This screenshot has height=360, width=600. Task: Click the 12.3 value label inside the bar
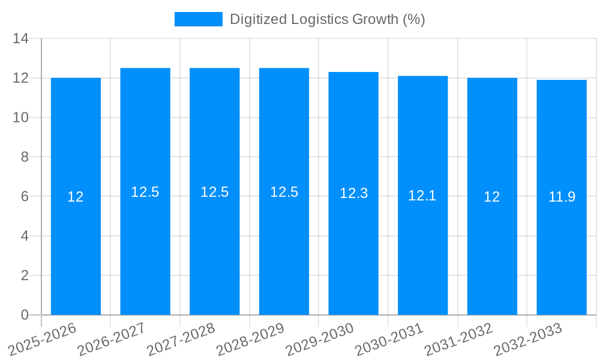click(x=353, y=193)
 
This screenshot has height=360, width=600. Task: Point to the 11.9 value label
click(x=562, y=197)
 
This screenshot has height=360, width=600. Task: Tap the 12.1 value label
click(x=422, y=196)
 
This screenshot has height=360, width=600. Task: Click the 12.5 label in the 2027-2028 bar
click(x=214, y=192)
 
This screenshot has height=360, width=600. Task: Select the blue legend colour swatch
click(x=198, y=19)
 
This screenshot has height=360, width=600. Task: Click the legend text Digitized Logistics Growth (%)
click(x=327, y=19)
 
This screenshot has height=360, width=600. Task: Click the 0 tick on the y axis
click(x=25, y=315)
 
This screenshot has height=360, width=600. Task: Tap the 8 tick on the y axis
click(x=25, y=157)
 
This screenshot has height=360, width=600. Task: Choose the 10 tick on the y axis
click(x=21, y=118)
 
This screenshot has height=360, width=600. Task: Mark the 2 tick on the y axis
click(x=25, y=275)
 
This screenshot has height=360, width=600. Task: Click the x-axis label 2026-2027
click(x=112, y=338)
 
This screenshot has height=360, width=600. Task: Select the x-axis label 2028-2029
click(x=251, y=338)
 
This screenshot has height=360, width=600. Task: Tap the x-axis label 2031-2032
click(x=459, y=338)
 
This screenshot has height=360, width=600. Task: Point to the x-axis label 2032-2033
click(x=529, y=338)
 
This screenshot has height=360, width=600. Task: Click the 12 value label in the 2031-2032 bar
click(x=492, y=197)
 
